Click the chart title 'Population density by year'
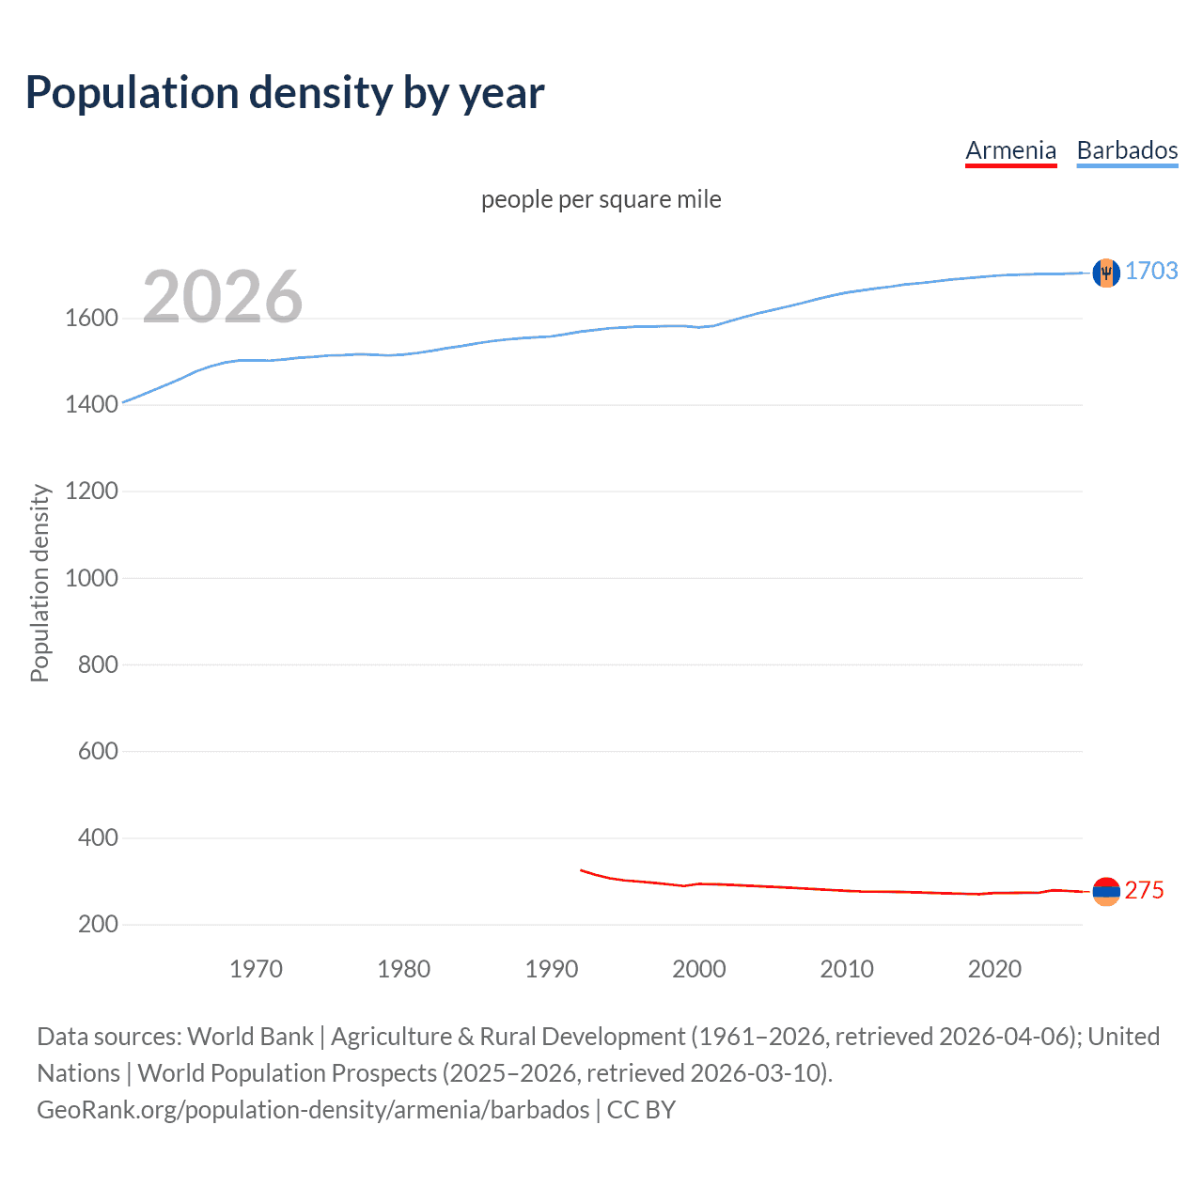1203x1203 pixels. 285,93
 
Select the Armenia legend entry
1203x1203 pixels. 1010,150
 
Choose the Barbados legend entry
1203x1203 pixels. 1127,150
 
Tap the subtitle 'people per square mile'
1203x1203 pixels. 601,199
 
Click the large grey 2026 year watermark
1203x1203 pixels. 223,297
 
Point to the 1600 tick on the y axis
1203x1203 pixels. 92,318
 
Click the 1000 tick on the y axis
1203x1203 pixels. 92,578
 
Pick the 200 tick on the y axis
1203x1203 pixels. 98,924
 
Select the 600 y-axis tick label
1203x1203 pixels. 98,751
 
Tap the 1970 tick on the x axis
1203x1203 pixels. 256,969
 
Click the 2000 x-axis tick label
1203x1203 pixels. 698,969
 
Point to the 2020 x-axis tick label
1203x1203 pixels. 994,969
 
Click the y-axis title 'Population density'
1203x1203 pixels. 39,583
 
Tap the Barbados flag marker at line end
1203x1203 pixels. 1106,273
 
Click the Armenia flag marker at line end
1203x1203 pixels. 1106,891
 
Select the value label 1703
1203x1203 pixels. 1151,271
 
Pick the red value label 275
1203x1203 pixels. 1144,890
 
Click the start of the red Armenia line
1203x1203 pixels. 582,870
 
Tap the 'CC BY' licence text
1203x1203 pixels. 641,1110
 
